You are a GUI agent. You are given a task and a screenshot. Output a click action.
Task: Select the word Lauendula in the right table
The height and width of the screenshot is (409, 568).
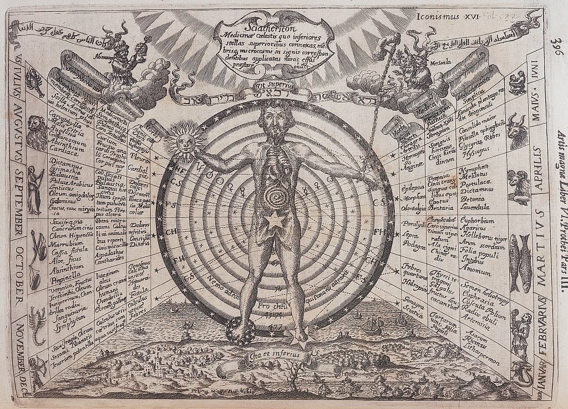[x=479, y=207]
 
